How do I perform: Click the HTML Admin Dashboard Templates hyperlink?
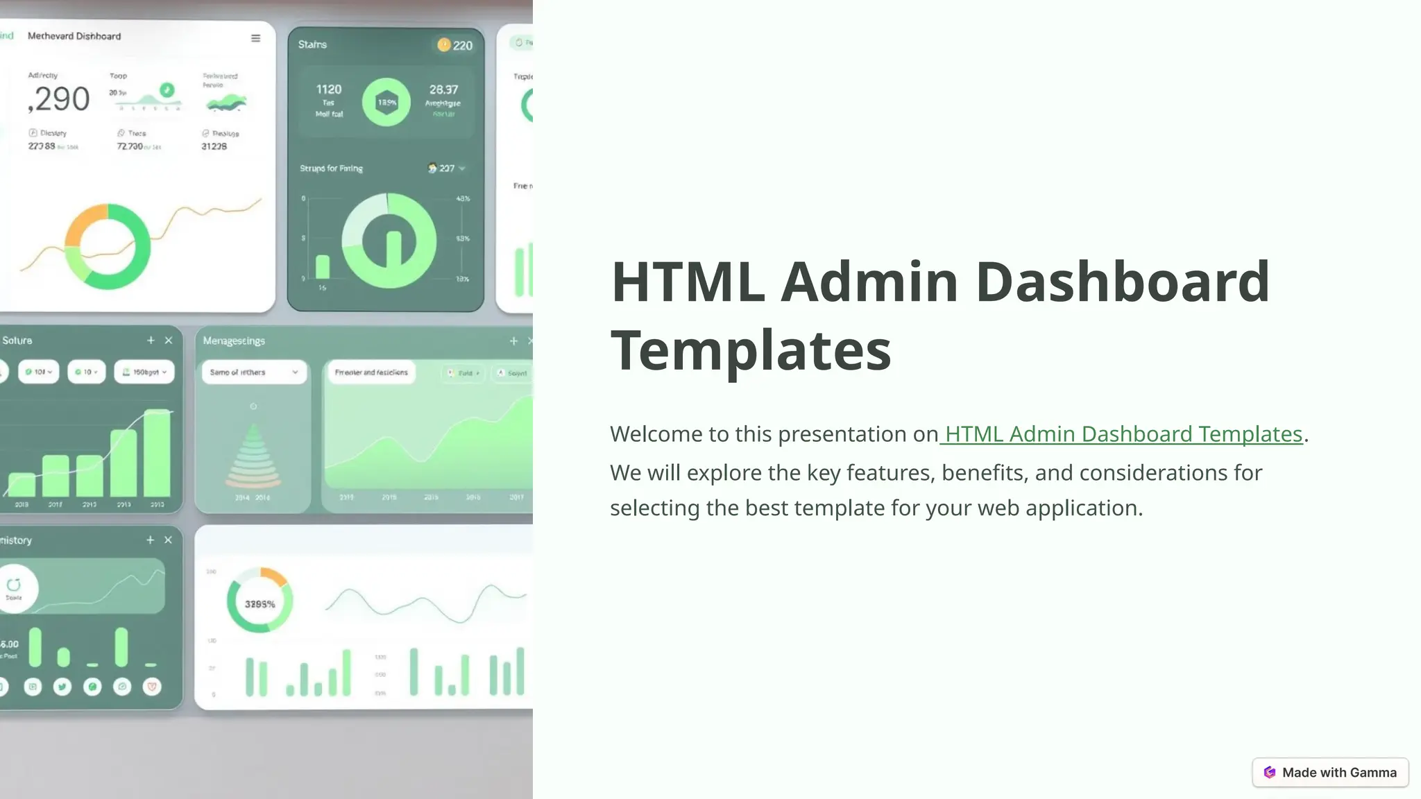pos(1123,434)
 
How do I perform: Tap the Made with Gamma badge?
pos(1330,773)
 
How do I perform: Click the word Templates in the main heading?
pos(751,350)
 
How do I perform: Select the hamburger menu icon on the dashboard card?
pos(255,38)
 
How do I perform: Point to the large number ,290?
pos(60,99)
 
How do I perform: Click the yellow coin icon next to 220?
pos(444,45)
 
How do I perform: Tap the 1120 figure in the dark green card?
pos(329,89)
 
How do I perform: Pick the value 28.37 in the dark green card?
pos(443,89)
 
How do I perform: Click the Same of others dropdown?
pos(253,372)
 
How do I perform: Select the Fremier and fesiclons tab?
pos(371,372)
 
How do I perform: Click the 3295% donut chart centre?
pos(259,604)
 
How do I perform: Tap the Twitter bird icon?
pos(62,687)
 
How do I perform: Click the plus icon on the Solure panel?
pos(151,341)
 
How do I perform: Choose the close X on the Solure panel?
pos(169,341)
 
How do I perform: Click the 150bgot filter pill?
pos(144,372)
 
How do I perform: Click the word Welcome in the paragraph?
pos(656,434)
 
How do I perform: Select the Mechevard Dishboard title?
pos(74,36)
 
